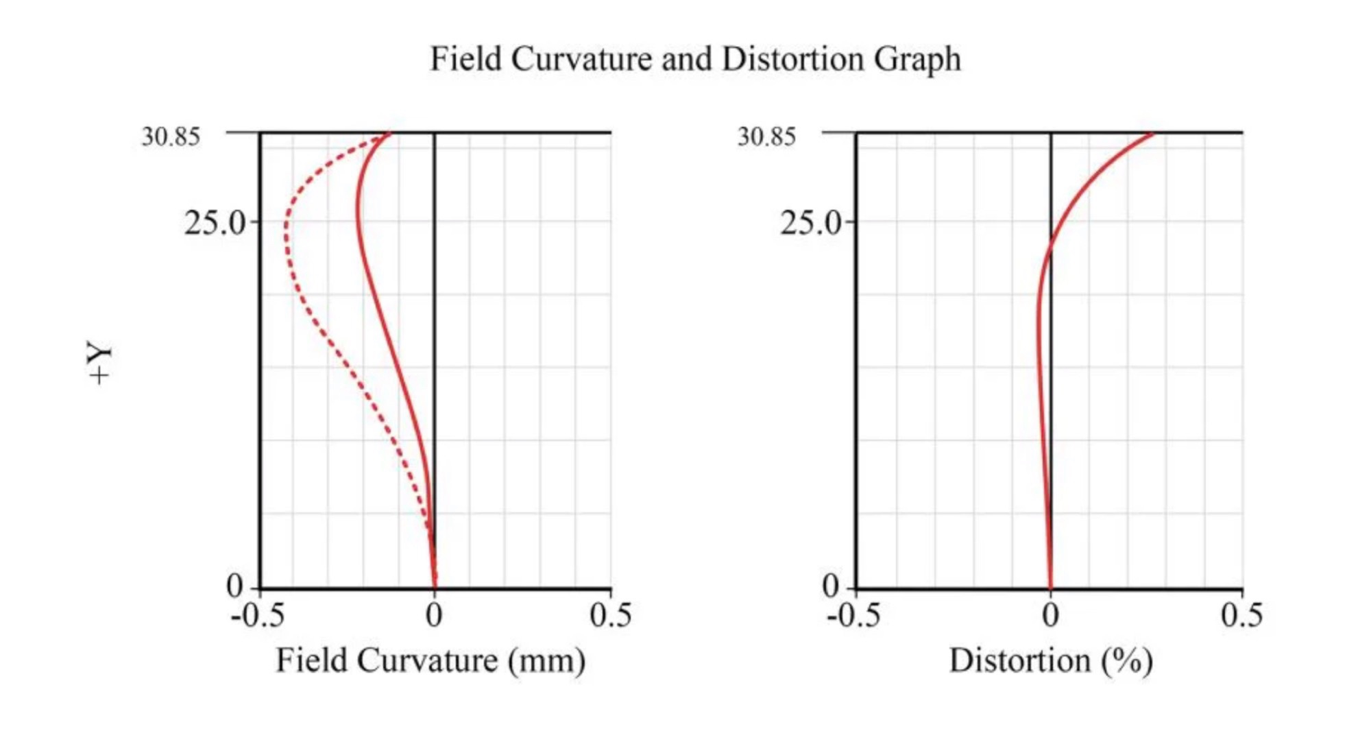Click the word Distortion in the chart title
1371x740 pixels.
[x=794, y=58]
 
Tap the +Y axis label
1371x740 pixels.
[x=100, y=361]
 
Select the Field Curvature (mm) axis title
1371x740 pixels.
[x=430, y=660]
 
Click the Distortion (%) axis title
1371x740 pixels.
[x=1050, y=660]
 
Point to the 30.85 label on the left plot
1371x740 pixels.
[x=171, y=136]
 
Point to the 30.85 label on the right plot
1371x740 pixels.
[x=766, y=136]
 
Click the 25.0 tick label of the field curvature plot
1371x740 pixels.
[x=214, y=223]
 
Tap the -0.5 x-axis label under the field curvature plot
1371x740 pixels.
[x=258, y=615]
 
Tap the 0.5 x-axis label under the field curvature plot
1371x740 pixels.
[x=610, y=615]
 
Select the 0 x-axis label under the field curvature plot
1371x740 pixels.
[x=434, y=615]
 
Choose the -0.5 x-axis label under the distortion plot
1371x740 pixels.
[x=853, y=615]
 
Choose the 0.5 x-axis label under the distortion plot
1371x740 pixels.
[x=1241, y=615]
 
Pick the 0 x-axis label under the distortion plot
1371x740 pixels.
[x=1051, y=615]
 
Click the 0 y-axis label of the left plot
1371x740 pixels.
[x=234, y=587]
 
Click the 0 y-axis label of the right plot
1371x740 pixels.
[x=830, y=587]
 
